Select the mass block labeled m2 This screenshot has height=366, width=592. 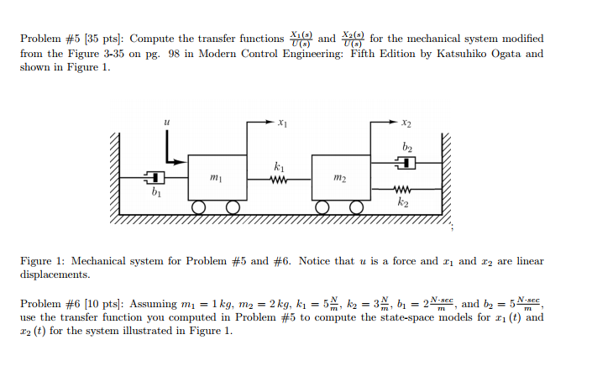click(339, 177)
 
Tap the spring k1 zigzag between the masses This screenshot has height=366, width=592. click(279, 177)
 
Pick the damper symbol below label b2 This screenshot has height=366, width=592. click(406, 163)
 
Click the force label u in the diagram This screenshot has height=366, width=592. click(166, 123)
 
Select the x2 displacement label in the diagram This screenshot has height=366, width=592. click(406, 123)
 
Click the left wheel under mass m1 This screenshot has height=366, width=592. click(199, 208)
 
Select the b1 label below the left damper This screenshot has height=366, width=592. click(155, 193)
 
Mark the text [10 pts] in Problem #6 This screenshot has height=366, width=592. click(98, 303)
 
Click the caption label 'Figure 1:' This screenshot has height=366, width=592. click(44, 261)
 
